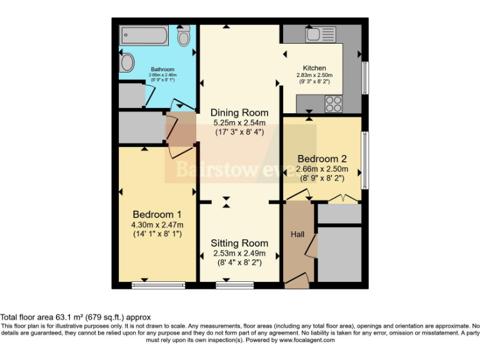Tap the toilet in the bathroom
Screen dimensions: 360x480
coord(184,37)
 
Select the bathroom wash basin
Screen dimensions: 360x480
coord(126,62)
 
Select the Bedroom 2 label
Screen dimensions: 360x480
coord(321,158)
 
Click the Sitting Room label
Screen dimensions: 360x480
coord(239,243)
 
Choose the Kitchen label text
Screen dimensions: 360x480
coord(314,67)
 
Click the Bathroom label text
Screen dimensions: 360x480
coord(162,69)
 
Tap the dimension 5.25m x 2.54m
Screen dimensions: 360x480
coord(239,122)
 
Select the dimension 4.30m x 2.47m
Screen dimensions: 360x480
coord(157,225)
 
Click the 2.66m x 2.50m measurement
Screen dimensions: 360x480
coord(321,169)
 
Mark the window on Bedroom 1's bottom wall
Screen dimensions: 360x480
coord(159,285)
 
